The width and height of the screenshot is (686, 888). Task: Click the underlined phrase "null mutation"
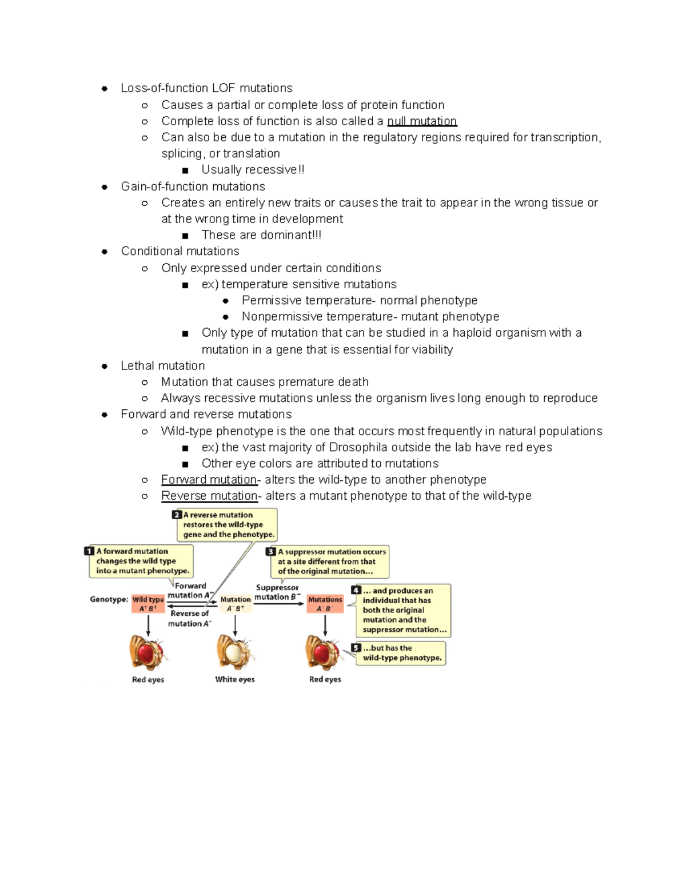pyautogui.click(x=422, y=121)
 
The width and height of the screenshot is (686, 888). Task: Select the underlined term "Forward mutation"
pyautogui.click(x=209, y=480)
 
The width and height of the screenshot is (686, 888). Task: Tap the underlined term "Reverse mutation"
pyautogui.click(x=209, y=496)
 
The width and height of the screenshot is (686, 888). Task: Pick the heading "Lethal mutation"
pyautogui.click(x=162, y=366)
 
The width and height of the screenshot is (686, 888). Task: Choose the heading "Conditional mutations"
pyautogui.click(x=180, y=251)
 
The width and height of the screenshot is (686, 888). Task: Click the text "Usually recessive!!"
pyautogui.click(x=253, y=170)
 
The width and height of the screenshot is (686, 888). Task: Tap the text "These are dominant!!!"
pyautogui.click(x=261, y=235)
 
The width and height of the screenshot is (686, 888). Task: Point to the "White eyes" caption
pyautogui.click(x=235, y=679)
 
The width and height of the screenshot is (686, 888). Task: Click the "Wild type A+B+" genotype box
pyautogui.click(x=148, y=604)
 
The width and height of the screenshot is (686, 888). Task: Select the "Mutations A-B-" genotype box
pyautogui.click(x=325, y=604)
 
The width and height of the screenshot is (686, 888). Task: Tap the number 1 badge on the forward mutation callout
pyautogui.click(x=89, y=551)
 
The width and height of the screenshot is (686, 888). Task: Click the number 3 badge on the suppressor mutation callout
pyautogui.click(x=271, y=552)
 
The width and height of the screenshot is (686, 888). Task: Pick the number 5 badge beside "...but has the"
pyautogui.click(x=356, y=648)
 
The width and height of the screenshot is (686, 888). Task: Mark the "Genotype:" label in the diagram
pyautogui.click(x=109, y=599)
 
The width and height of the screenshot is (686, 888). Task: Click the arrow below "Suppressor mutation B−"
pyautogui.click(x=279, y=604)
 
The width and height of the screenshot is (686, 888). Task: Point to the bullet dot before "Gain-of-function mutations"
pyautogui.click(x=105, y=187)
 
